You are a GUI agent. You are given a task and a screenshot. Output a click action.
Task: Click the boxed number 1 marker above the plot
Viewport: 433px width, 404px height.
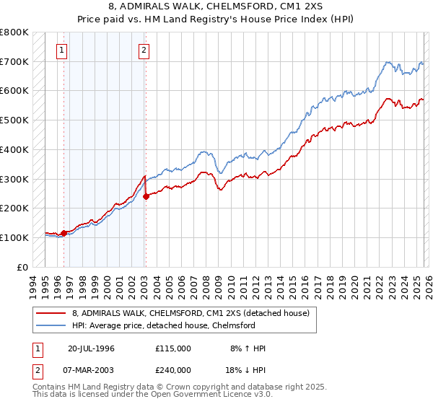tap(63, 50)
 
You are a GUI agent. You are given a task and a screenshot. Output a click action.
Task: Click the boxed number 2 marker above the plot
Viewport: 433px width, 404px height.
tap(144, 50)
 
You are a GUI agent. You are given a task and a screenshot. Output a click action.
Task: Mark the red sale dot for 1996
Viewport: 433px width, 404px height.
tap(64, 233)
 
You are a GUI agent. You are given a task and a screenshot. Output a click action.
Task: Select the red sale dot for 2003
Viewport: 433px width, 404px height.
tap(145, 196)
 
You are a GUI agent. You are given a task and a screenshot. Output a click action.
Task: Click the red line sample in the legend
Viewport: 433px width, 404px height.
tap(51, 313)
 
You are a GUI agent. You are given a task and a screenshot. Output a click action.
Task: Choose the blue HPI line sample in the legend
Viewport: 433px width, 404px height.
tap(51, 325)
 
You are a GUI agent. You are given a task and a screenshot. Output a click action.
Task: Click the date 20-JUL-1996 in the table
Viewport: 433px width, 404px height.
tap(92, 348)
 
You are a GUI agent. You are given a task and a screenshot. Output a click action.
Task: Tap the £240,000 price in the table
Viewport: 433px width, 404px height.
tap(173, 370)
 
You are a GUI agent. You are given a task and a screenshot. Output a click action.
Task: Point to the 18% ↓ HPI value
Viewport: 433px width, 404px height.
tap(245, 370)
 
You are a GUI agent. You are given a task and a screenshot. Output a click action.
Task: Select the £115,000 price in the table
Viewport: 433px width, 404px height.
tap(173, 348)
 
